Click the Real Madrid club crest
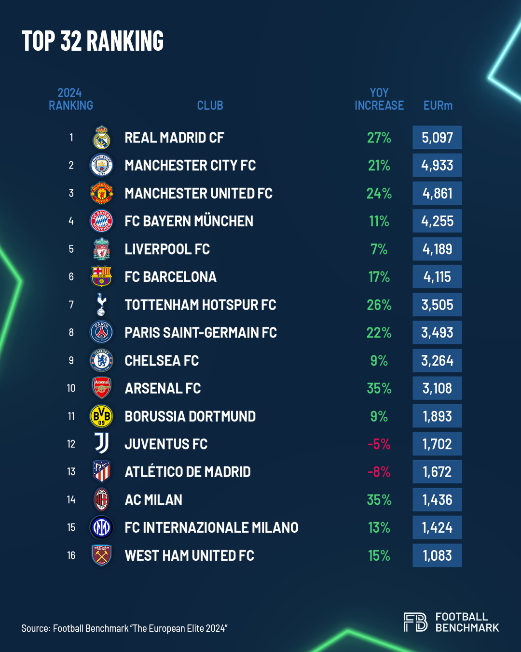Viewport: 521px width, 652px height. click(x=102, y=138)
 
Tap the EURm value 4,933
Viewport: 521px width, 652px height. click(x=437, y=165)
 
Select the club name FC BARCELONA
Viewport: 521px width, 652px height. click(x=170, y=277)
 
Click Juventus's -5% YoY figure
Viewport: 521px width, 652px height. click(x=379, y=444)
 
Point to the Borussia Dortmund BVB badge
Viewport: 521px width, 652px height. click(x=102, y=416)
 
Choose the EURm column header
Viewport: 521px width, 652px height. click(x=438, y=105)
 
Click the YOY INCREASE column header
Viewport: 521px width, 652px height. click(x=379, y=99)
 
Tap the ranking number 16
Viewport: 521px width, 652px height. click(x=71, y=555)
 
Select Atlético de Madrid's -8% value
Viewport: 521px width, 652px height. click(x=379, y=472)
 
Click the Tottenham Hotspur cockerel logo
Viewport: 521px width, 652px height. click(x=101, y=305)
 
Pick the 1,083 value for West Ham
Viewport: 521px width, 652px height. click(x=437, y=555)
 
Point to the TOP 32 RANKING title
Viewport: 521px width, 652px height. click(x=93, y=41)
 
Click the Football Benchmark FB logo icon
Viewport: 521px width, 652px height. click(x=415, y=622)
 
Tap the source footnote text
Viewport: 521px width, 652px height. click(x=124, y=628)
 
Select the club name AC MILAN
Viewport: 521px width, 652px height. click(x=153, y=500)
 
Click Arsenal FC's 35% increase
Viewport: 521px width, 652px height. click(x=379, y=388)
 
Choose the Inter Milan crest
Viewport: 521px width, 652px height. click(x=102, y=527)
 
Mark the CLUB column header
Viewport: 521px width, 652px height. click(x=210, y=105)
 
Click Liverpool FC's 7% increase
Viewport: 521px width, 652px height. click(x=379, y=249)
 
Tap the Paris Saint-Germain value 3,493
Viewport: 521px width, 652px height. click(x=437, y=333)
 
